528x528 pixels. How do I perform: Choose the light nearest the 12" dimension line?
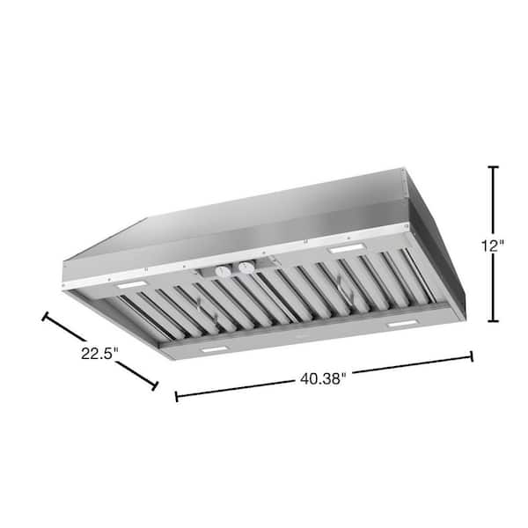click(344, 251)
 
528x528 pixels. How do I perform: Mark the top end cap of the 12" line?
click(493, 167)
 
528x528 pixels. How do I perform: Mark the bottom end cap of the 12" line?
click(493, 321)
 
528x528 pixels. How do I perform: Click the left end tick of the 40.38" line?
click(177, 396)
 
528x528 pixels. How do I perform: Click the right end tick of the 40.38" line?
click(472, 356)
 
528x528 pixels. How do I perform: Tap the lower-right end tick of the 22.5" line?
click(156, 385)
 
